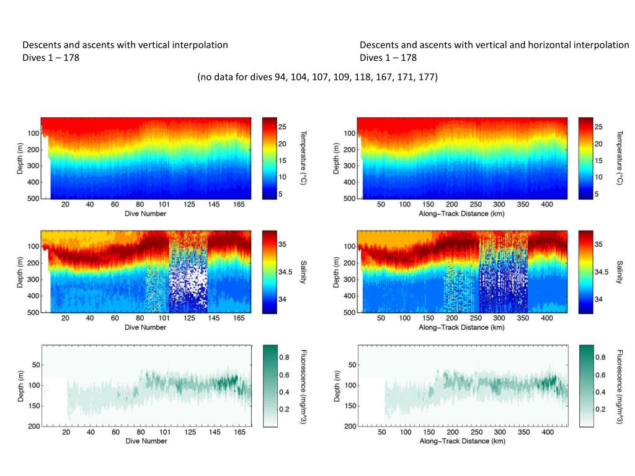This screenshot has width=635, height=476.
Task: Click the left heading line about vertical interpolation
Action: click(125, 45)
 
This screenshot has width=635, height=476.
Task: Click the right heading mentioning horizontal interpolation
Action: click(494, 45)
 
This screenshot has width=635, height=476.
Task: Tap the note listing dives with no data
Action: click(317, 77)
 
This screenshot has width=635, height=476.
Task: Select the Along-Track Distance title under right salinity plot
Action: click(462, 327)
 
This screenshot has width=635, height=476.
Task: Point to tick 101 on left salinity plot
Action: click(164, 319)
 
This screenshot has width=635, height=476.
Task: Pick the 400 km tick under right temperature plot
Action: click(547, 205)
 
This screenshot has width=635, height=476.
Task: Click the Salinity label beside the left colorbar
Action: click(303, 272)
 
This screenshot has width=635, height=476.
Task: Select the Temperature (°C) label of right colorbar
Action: click(620, 157)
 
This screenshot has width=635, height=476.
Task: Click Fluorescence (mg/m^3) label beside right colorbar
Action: click(620, 386)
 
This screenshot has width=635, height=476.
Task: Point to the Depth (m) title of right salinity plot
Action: click(335, 272)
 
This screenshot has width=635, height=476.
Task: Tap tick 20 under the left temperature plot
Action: click(65, 205)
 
